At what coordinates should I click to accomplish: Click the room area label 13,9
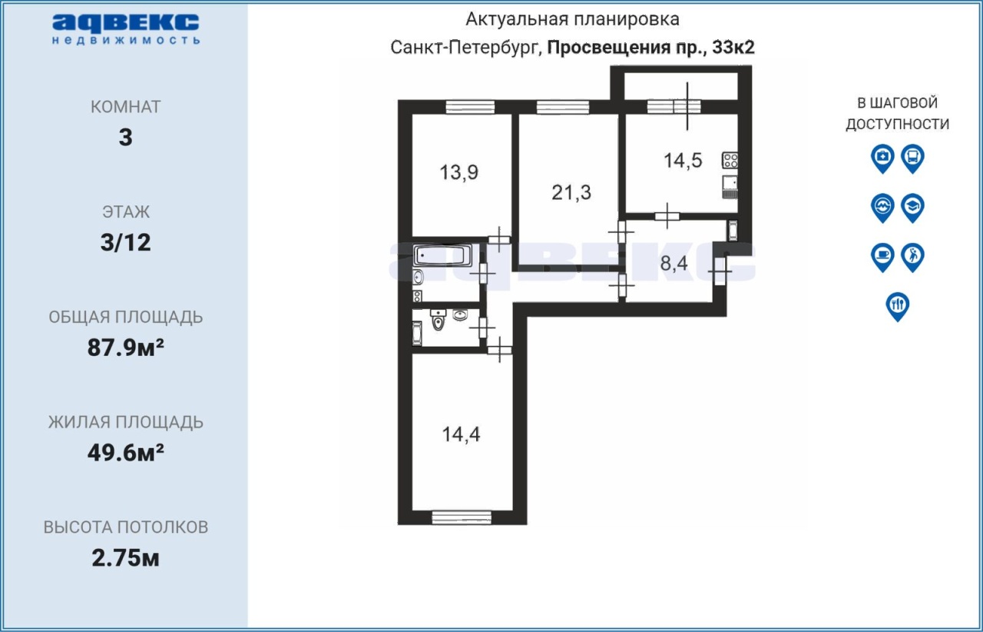pos(458,172)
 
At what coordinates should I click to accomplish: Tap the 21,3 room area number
pos(571,192)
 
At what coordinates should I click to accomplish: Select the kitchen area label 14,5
pos(683,161)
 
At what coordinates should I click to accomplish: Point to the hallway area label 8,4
pos(674,264)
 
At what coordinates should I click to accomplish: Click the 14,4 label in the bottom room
pos(461,434)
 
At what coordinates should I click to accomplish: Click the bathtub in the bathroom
pos(442,255)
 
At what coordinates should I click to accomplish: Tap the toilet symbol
pos(438,321)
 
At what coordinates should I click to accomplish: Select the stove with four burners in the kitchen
pos(730,160)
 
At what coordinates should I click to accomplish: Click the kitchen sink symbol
pos(730,187)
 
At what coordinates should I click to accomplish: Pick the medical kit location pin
pos(882,158)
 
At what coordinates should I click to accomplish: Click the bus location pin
pos(913,158)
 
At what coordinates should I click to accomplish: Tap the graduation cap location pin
pos(913,208)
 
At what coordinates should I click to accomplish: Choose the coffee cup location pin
pos(882,257)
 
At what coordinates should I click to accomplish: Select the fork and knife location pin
pos(898,306)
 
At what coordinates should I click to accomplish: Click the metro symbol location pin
pos(882,208)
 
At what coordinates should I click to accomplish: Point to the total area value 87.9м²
pos(125,348)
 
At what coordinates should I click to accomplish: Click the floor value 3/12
pos(125,242)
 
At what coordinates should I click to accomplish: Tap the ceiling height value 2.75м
pos(125,557)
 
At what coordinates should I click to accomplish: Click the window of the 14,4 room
pos(462,517)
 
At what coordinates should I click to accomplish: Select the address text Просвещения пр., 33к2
pos(650,48)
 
